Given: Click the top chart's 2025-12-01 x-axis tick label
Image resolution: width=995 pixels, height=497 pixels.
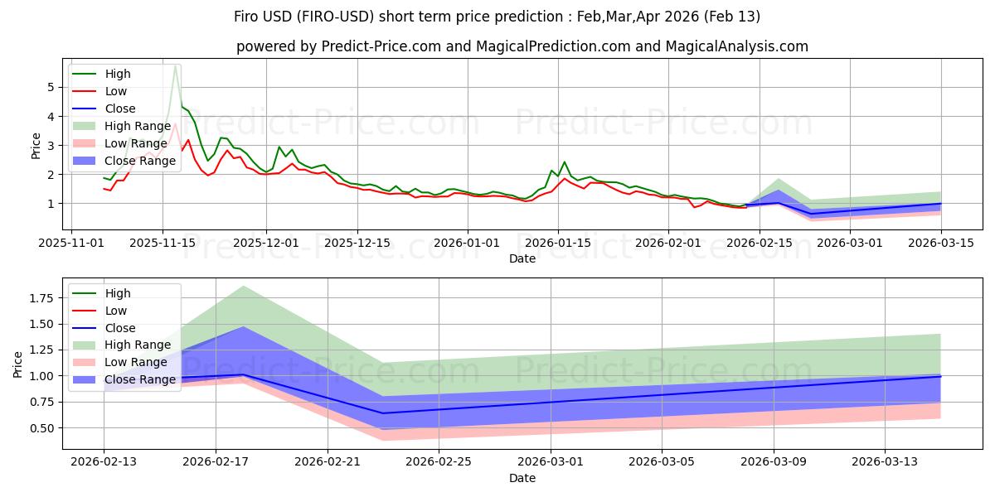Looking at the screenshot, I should pos(266,243).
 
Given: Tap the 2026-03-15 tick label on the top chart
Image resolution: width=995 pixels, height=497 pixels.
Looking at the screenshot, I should pos(941,243).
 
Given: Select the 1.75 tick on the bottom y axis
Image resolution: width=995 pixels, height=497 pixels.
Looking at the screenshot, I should pos(41,297).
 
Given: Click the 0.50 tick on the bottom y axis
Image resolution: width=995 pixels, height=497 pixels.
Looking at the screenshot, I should pos(41,428).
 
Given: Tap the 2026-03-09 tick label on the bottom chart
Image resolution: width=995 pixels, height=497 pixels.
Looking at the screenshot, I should pos(774,462).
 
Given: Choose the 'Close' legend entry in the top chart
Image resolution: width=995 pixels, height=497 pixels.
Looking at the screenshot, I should pos(120,109).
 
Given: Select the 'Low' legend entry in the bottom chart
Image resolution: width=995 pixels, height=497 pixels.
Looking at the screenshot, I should pos(116,311).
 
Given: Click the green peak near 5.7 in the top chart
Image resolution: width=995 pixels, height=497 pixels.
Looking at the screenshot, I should pos(175,66).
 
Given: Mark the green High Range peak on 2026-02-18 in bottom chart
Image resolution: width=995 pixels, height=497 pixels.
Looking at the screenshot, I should pos(244,286).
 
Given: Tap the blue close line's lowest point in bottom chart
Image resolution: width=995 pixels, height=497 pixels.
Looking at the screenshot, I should pos(383,413).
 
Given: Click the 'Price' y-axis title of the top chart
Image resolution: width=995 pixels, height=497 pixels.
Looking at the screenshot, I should pos(36,145).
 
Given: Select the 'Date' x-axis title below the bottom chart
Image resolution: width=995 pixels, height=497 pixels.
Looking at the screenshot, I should pos(522,478).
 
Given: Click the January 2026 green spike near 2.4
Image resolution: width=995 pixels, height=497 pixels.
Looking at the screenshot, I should pos(564,162).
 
